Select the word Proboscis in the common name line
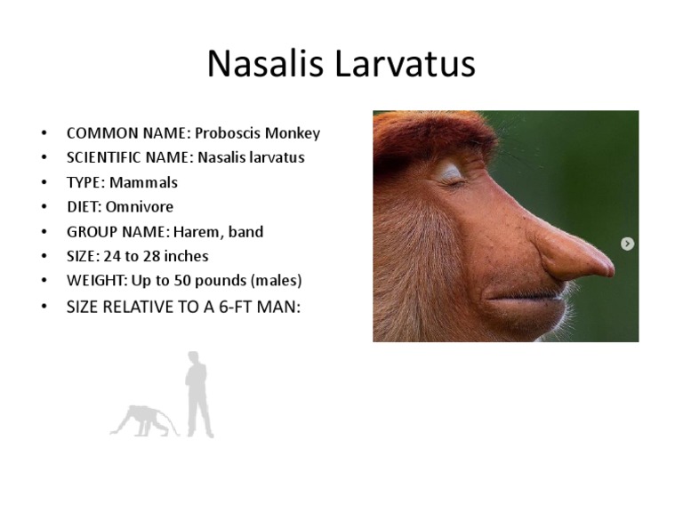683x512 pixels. (x=227, y=133)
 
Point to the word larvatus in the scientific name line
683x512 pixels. (x=274, y=158)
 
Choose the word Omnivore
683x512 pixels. (x=141, y=207)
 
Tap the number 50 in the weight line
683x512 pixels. (x=198, y=281)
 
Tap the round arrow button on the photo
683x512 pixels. (x=628, y=244)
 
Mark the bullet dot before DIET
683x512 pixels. (x=44, y=207)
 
